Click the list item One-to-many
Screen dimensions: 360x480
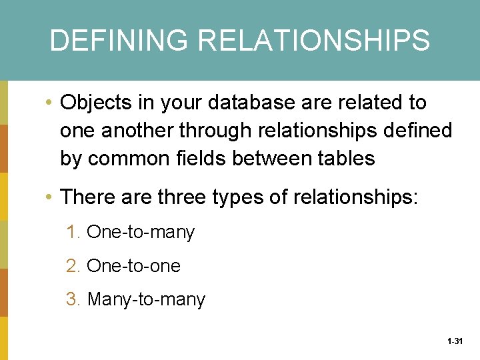tap(141, 233)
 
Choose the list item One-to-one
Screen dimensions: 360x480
tap(133, 266)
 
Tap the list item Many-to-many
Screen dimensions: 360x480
tap(146, 300)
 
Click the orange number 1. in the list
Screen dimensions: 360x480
tap(73, 233)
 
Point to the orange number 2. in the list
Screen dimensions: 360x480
tap(73, 266)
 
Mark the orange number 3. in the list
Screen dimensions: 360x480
tap(73, 300)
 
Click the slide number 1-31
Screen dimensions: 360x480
tap(455, 341)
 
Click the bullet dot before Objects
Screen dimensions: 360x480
tap(50, 103)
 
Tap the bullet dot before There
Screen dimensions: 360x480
tap(50, 198)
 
